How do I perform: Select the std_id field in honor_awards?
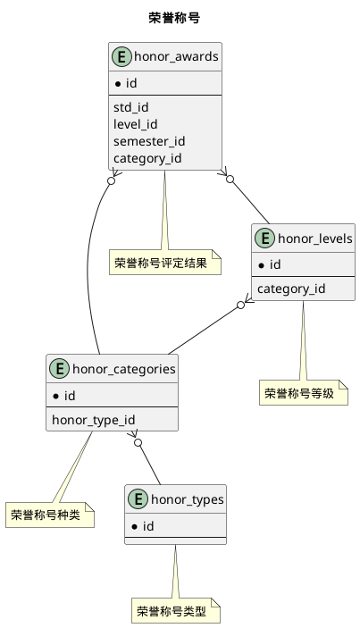click(131, 107)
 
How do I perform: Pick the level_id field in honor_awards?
click(135, 124)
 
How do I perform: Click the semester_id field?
click(149, 141)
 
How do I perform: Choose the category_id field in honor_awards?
click(147, 159)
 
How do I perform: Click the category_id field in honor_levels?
click(290, 289)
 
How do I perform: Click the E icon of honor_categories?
click(59, 370)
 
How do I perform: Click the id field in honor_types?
click(148, 526)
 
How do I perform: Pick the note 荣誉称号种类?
click(49, 515)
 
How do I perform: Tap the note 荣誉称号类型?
click(175, 612)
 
